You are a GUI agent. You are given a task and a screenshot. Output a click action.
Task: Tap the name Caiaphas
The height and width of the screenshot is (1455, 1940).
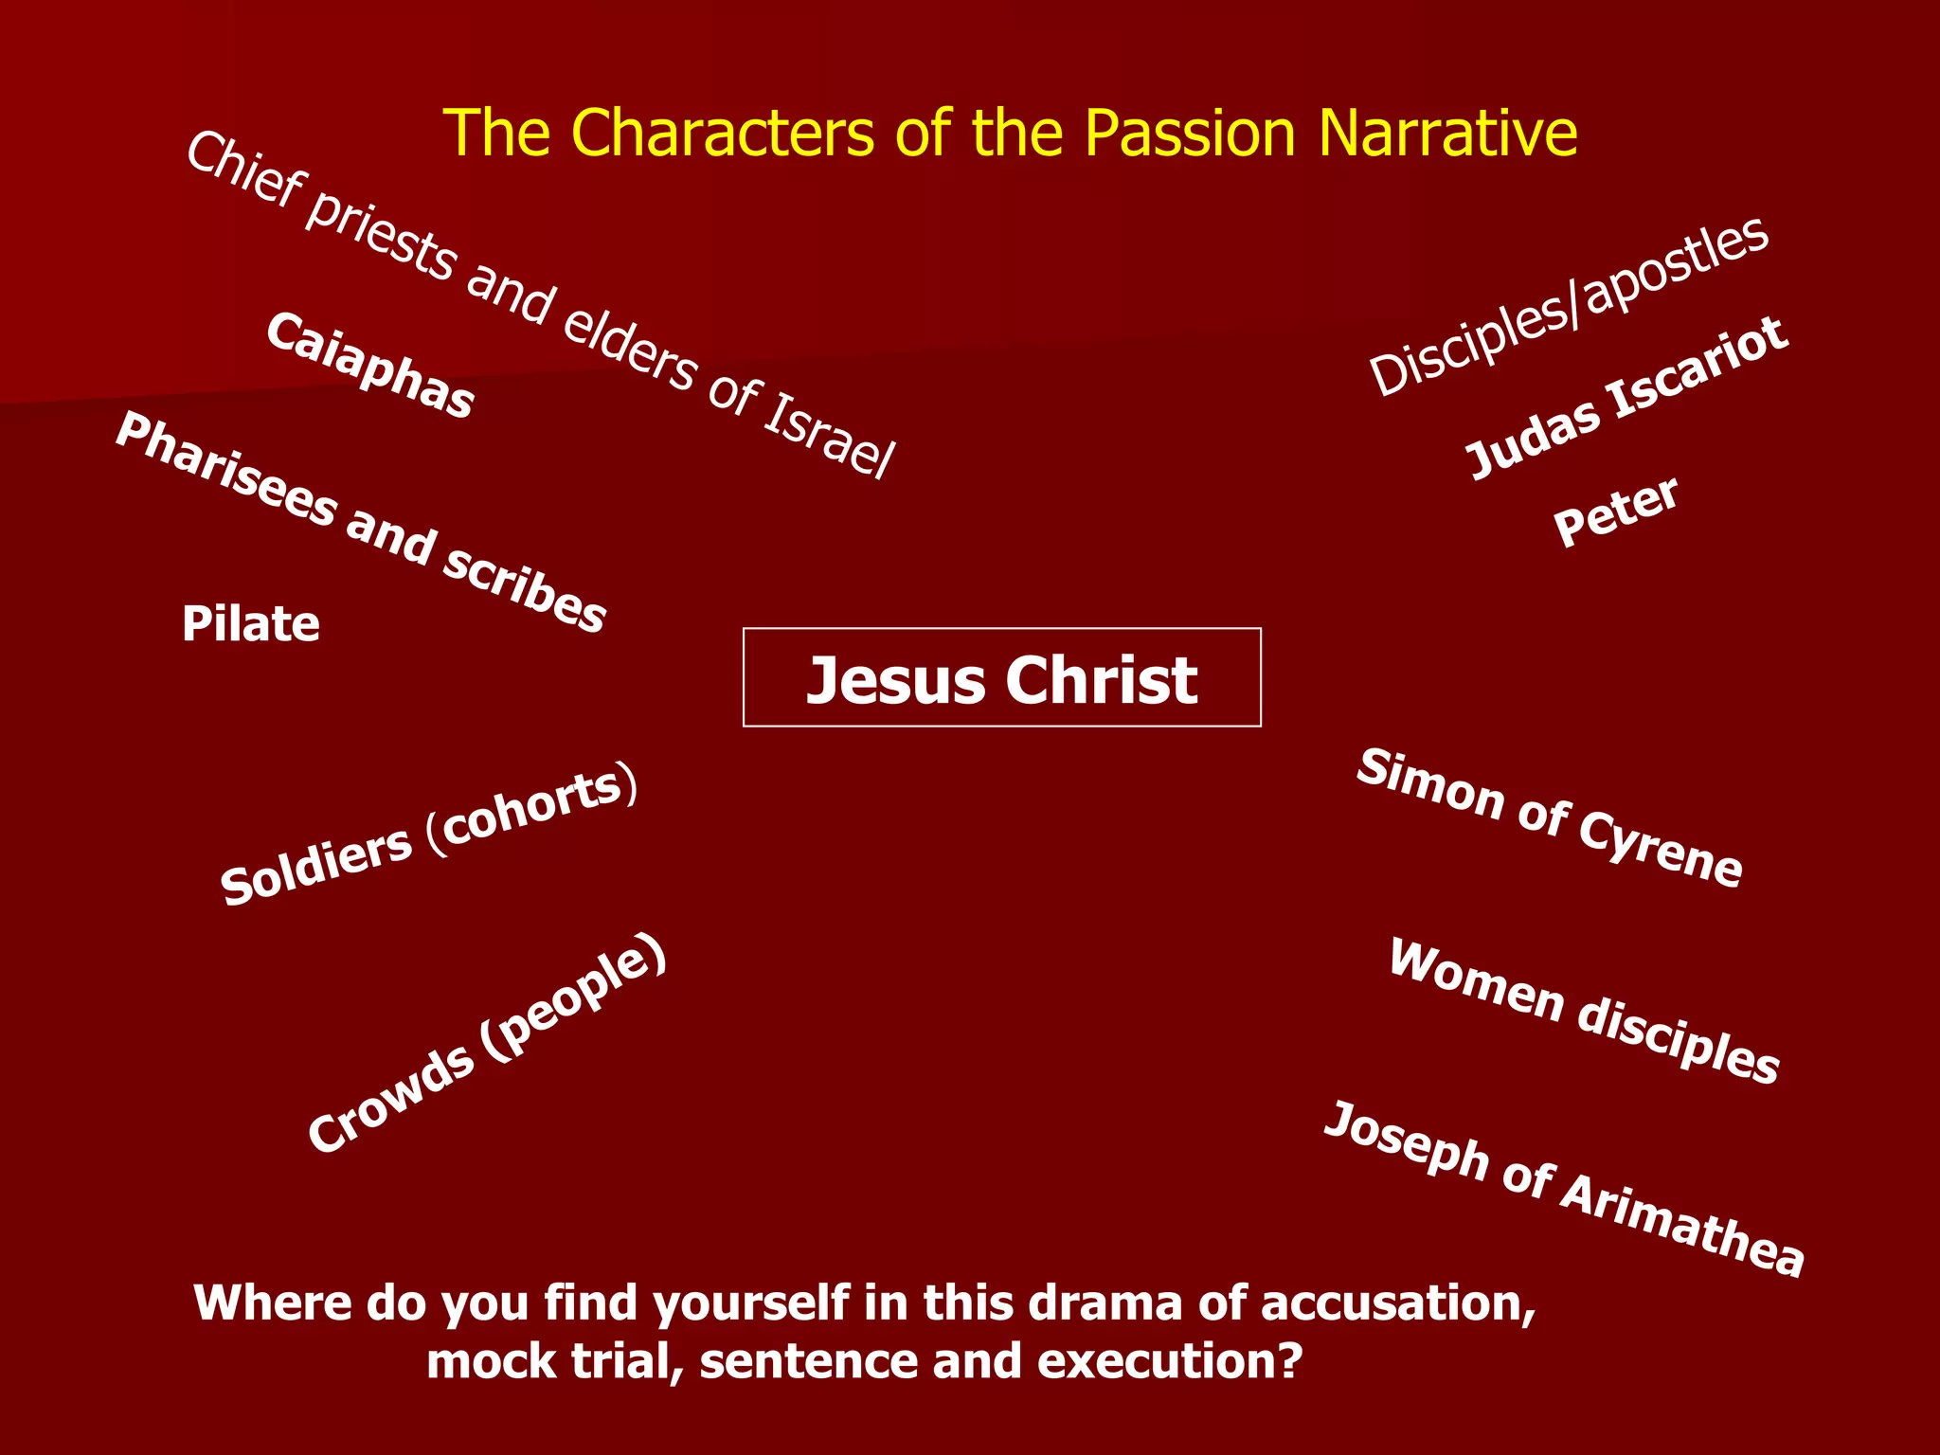[x=369, y=366]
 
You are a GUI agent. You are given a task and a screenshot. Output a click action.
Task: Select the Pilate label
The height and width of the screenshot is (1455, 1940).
[x=251, y=624]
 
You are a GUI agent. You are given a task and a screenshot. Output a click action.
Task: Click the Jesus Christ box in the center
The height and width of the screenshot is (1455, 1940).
[x=1001, y=678]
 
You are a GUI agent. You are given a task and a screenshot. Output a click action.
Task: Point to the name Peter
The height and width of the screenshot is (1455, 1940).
[x=1616, y=512]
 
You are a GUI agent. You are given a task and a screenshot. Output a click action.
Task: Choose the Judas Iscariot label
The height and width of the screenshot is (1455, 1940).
[x=1626, y=399]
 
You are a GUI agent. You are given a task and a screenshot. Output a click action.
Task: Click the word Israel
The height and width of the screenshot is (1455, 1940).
[x=828, y=435]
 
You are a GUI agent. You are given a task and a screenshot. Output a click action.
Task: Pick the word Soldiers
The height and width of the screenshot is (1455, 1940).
[x=316, y=864]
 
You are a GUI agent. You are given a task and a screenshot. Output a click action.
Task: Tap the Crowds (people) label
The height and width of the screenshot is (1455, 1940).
[x=487, y=1043]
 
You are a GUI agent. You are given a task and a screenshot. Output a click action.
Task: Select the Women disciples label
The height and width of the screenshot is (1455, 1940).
[x=1583, y=1011]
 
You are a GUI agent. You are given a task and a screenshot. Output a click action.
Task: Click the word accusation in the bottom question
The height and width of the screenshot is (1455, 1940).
[x=1397, y=1303]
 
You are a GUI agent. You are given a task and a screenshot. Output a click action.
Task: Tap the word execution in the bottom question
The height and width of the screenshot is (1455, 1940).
[x=1170, y=1362]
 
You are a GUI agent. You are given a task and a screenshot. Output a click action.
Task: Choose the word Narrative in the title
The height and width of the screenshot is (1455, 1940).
[x=1448, y=133]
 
